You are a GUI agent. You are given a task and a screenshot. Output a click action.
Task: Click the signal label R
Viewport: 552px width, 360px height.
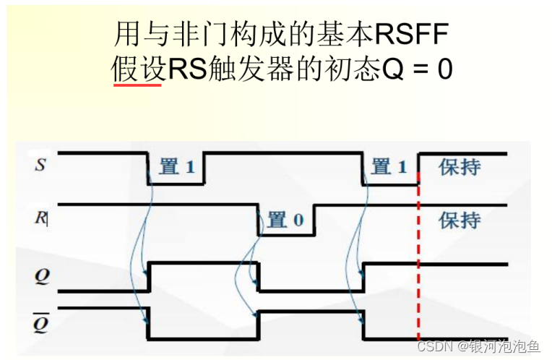point(40,216)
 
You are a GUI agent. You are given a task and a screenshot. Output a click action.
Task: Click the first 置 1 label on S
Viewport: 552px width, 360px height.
point(177,167)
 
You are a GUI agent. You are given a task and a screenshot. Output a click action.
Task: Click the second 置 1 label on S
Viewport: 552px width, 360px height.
point(390,167)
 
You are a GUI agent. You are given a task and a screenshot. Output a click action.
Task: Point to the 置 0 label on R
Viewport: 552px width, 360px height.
point(285,220)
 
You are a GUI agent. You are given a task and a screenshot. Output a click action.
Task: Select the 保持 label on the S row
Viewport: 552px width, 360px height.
point(460,167)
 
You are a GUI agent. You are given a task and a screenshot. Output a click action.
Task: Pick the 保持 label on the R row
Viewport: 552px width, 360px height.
point(460,219)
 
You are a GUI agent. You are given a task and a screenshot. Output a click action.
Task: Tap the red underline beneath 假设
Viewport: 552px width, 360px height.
point(137,85)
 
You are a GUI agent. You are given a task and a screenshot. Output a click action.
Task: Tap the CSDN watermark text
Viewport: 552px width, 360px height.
point(436,346)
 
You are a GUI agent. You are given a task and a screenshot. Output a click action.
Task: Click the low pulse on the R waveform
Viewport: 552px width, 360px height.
point(286,233)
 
